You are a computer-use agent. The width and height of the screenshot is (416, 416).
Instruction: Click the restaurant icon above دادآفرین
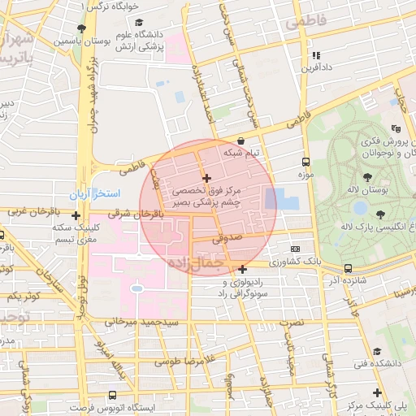(315, 55)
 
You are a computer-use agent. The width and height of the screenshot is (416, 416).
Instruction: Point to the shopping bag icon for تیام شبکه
(241, 141)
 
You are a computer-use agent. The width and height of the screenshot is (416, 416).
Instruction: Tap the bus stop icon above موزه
(305, 162)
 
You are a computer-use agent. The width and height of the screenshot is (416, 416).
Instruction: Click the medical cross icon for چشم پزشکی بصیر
(206, 178)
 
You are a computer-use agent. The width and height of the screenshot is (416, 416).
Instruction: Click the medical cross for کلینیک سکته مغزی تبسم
(76, 216)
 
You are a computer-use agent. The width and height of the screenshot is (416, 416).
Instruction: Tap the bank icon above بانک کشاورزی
(295, 249)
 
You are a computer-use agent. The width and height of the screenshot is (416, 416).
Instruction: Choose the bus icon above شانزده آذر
(348, 268)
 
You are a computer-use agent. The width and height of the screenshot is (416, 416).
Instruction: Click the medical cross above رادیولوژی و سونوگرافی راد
(243, 269)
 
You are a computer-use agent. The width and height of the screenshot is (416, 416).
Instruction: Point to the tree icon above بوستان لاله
(369, 176)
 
